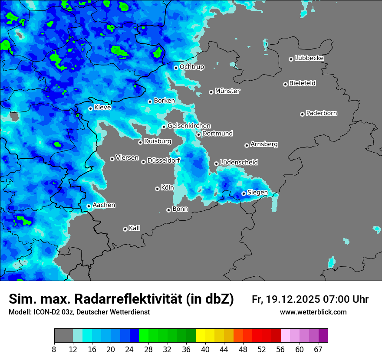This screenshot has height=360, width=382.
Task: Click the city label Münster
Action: point(227,91)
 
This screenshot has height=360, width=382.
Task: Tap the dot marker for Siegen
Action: point(244,193)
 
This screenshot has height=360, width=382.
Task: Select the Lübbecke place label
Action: point(309,58)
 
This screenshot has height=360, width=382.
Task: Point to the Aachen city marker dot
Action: point(89,206)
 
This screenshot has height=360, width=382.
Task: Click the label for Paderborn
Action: point(321,113)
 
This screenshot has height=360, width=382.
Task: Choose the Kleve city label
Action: point(102,108)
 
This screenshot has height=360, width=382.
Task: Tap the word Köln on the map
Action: point(167,188)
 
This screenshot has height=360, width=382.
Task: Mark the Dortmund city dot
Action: point(199,134)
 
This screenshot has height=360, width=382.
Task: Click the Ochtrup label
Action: point(192,67)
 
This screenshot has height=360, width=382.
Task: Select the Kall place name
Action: point(135,228)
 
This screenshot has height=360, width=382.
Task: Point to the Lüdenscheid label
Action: point(239,163)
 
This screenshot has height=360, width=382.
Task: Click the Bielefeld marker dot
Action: point(286,84)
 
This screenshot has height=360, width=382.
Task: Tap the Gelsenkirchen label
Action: point(189,126)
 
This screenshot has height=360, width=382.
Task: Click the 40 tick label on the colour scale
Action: point(205,349)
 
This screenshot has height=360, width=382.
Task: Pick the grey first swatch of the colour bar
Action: point(63,336)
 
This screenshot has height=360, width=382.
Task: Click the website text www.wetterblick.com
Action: point(313,312)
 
